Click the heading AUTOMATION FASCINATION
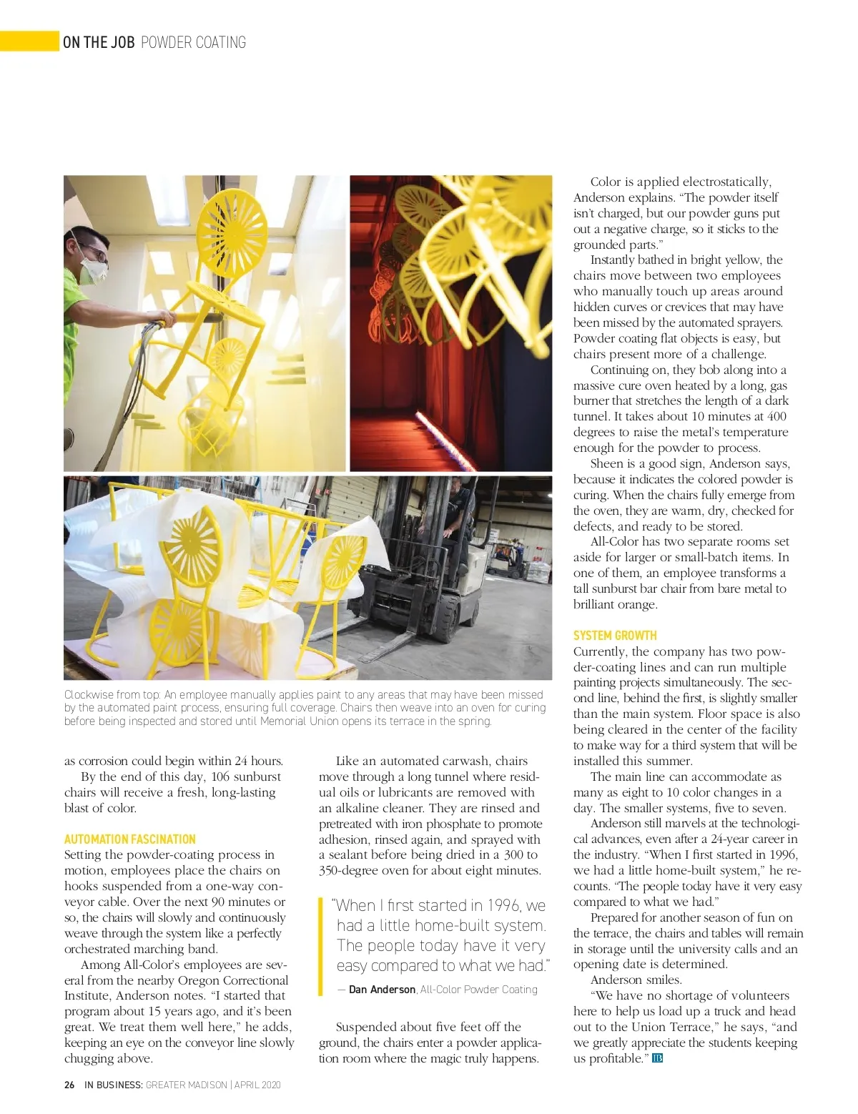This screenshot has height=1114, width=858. tap(129, 839)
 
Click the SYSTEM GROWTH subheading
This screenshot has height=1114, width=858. tap(614, 635)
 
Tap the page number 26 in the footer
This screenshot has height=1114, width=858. tap(69, 1085)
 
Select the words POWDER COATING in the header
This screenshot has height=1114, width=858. tap(193, 42)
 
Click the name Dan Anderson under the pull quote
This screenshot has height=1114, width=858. tap(382, 990)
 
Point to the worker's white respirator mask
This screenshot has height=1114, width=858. tap(93, 271)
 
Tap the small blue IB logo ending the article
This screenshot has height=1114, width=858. tap(658, 1058)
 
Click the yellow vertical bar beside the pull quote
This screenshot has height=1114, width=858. tap(321, 946)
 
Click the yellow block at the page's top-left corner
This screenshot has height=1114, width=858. tap(29, 41)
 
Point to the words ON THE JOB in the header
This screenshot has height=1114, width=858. tap(99, 42)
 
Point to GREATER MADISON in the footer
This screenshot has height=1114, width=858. tap(186, 1085)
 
